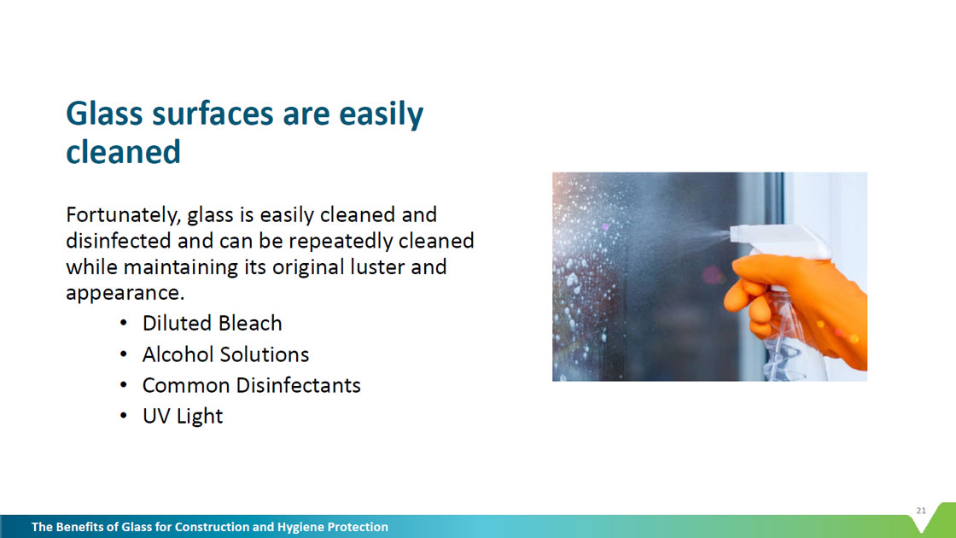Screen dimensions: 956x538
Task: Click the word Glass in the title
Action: click(x=104, y=114)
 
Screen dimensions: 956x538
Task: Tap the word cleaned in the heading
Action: click(x=123, y=152)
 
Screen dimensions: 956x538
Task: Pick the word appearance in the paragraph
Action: click(x=125, y=294)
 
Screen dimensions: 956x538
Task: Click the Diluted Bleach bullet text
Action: click(x=213, y=324)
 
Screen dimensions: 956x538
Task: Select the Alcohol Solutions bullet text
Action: click(x=225, y=354)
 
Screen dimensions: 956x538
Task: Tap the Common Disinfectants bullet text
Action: click(x=251, y=385)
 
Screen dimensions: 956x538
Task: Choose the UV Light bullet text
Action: click(x=183, y=417)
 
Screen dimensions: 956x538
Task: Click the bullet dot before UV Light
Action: click(x=124, y=417)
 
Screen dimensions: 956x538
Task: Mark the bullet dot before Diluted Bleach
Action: click(x=124, y=323)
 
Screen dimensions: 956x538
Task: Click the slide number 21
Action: click(x=921, y=511)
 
